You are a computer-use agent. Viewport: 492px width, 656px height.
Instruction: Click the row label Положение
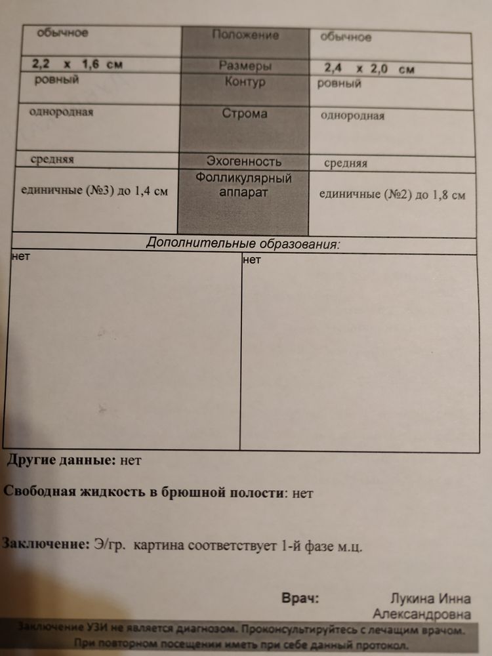point(245,35)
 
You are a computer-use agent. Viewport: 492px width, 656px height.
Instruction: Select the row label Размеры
point(245,66)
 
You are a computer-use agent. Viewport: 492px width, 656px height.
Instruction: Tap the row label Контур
point(245,83)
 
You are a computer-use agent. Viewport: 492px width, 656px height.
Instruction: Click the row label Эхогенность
point(244,161)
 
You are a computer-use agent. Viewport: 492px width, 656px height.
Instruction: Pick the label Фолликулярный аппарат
point(243,186)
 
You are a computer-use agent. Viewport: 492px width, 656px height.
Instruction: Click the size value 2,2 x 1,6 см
point(77,64)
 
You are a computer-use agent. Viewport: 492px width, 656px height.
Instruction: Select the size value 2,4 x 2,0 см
point(369,69)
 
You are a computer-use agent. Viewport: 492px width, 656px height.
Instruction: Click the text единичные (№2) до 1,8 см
point(392,194)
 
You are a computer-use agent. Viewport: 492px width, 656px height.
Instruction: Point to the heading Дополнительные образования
point(243,243)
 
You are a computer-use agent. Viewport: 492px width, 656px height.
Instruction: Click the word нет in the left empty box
point(20,257)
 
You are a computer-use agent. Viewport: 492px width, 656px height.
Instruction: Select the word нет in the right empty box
point(252,260)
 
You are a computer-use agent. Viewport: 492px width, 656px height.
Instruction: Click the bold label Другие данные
point(61,460)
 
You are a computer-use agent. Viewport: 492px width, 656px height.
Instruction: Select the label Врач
point(300,598)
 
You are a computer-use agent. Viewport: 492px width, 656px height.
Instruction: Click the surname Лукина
point(411,599)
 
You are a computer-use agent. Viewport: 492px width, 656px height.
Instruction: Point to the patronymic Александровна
point(421,615)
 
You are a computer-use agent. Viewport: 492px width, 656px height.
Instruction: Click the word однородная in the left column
point(61,112)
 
